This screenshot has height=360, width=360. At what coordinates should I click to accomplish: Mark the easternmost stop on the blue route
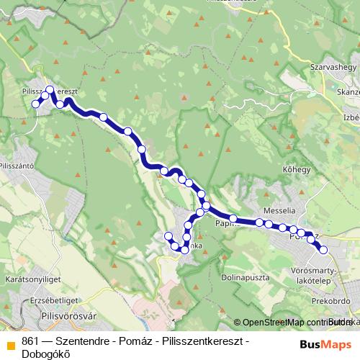[323, 250]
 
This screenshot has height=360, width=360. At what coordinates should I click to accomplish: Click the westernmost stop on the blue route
[35, 104]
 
